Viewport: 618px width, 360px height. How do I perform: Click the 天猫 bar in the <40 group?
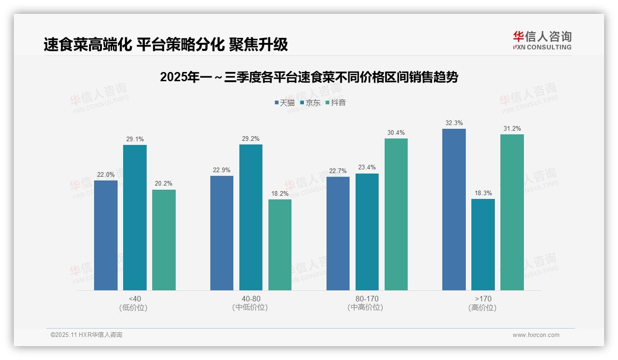[x=106, y=235]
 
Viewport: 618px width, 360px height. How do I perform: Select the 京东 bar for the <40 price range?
[x=135, y=217]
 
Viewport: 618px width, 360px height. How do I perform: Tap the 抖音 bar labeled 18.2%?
[x=280, y=245]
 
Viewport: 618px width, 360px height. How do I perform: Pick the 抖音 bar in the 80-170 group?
[x=396, y=214]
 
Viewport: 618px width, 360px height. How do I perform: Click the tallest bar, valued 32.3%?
[x=454, y=210]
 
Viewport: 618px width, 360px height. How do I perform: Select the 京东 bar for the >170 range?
[x=483, y=245]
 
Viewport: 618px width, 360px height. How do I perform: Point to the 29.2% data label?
[x=250, y=138]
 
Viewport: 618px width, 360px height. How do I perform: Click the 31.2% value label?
[x=512, y=128]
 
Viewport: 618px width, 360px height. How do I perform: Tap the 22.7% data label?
[x=338, y=171]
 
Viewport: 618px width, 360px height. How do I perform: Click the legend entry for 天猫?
[x=285, y=102]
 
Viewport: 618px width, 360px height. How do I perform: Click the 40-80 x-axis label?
[x=250, y=299]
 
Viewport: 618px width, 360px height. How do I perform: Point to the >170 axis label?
[x=482, y=299]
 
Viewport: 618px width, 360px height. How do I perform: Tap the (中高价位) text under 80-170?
[x=367, y=307]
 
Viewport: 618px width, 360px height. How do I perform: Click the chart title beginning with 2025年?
[x=309, y=77]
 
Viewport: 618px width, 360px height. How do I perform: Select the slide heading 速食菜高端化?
[x=166, y=44]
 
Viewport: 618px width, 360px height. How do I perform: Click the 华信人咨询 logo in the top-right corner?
[x=542, y=40]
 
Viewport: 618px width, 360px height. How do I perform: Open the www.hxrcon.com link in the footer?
[x=536, y=335]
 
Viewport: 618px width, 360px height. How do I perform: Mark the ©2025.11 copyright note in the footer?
[x=86, y=335]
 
